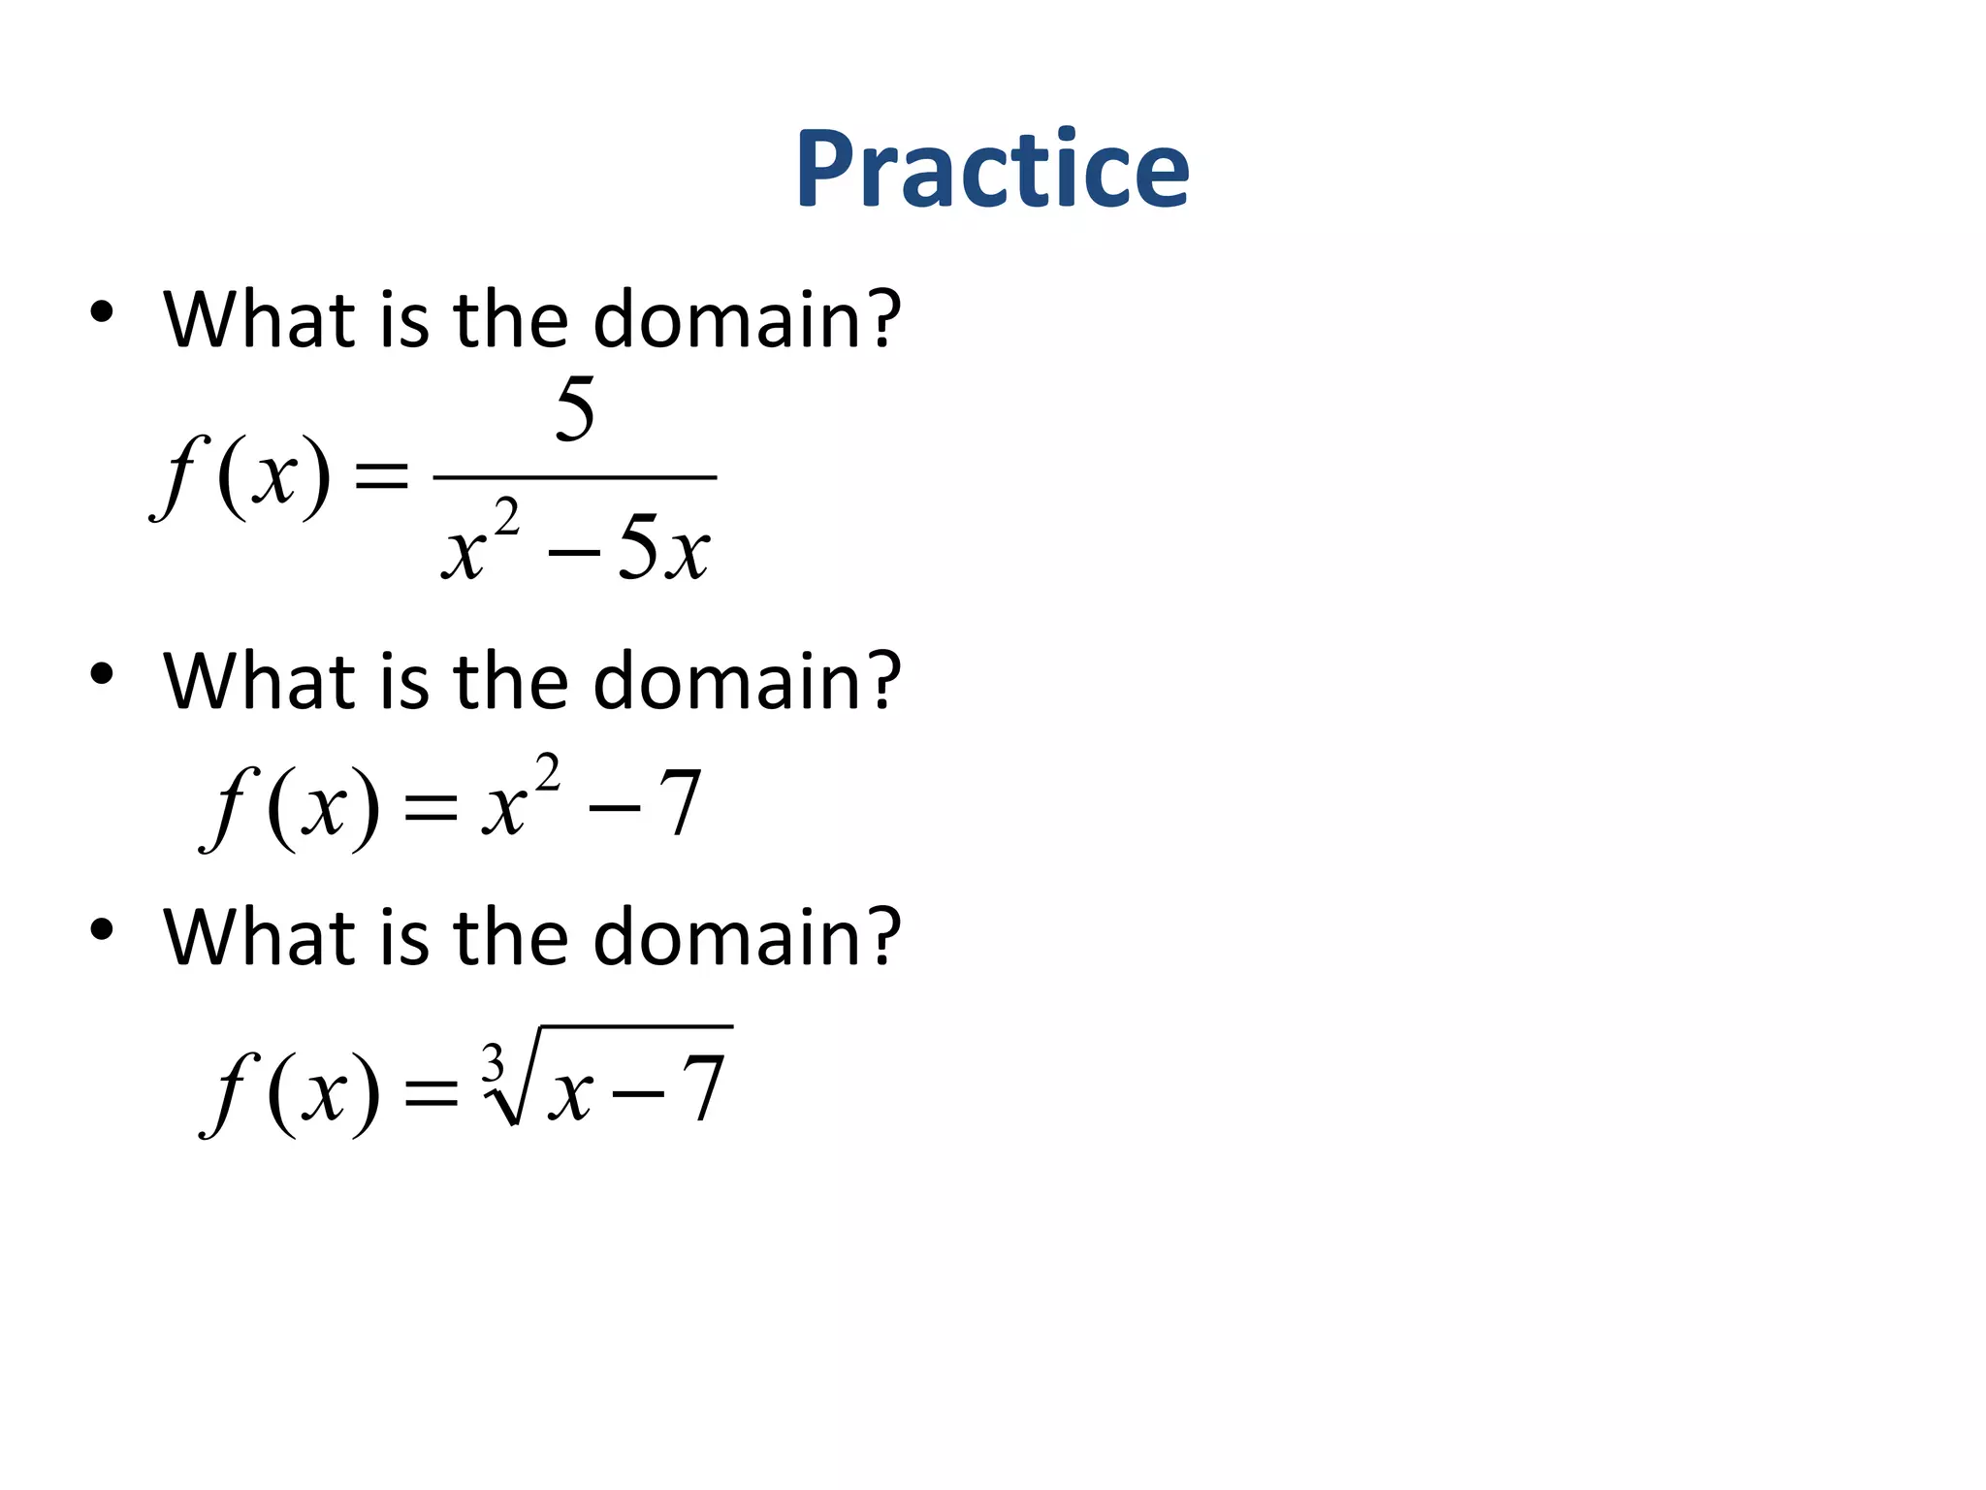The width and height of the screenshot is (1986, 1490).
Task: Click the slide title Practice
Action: point(992,170)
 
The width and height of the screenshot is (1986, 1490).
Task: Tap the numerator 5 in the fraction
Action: point(575,409)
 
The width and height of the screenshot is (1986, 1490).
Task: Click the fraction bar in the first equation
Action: point(574,477)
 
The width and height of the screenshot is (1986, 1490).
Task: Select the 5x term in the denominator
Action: point(663,549)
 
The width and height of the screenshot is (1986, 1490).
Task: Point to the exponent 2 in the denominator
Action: point(507,516)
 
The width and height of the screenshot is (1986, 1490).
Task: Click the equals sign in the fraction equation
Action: point(382,477)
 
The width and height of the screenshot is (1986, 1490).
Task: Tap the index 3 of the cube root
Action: point(494,1063)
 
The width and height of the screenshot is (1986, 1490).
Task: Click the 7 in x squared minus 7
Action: point(680,803)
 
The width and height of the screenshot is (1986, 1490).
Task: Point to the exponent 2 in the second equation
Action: point(548,773)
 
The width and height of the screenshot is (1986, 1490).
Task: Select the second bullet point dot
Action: point(102,673)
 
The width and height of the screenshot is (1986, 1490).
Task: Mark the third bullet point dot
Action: point(102,929)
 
